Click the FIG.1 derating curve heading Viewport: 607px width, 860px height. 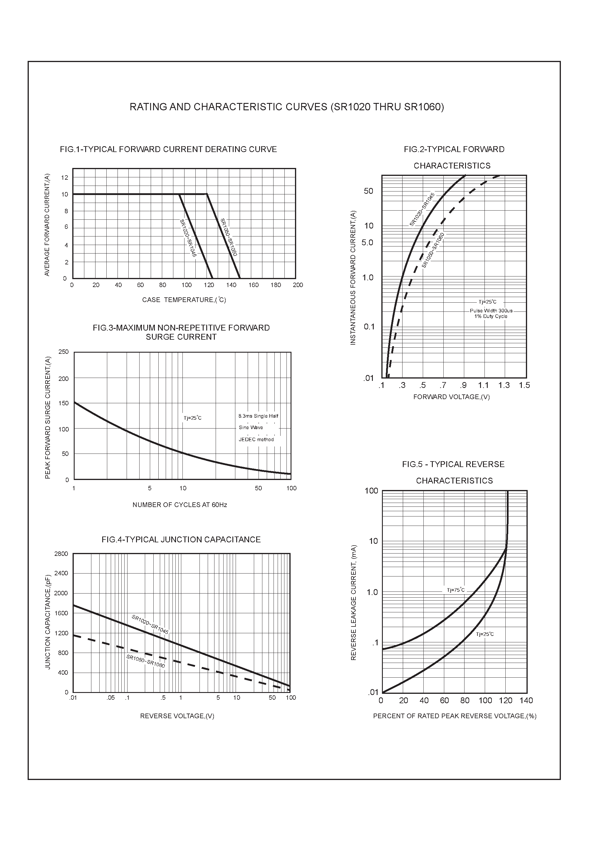(x=168, y=149)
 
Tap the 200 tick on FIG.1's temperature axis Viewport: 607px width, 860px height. (x=298, y=285)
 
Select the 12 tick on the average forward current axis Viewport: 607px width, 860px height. (x=65, y=178)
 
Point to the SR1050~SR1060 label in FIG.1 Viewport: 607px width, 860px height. (x=229, y=237)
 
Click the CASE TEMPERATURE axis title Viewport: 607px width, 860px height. (x=184, y=300)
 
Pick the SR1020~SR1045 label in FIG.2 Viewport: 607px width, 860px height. (x=422, y=209)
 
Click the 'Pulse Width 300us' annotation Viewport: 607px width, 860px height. (x=491, y=311)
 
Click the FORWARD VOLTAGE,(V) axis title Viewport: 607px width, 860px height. (x=451, y=397)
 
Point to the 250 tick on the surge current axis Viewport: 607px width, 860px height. (x=64, y=352)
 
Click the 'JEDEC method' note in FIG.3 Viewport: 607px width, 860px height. (x=256, y=440)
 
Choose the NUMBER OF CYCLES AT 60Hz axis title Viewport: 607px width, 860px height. (x=180, y=505)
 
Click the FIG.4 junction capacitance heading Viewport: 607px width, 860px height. (x=181, y=540)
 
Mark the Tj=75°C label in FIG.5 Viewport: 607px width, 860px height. (x=455, y=590)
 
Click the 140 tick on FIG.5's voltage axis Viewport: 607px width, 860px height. (x=526, y=700)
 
